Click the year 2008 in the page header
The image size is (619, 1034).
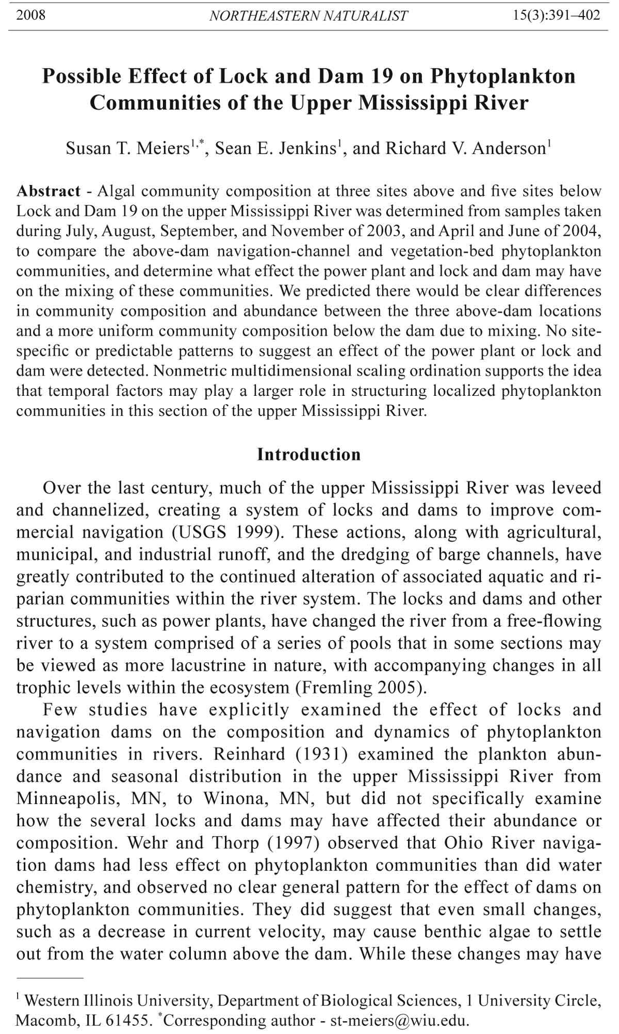pyautogui.click(x=31, y=15)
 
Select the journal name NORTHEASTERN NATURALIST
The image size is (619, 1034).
pyautogui.click(x=308, y=16)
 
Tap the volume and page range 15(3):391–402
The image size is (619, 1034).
pyautogui.click(x=557, y=15)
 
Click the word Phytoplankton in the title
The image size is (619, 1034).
pyautogui.click(x=503, y=76)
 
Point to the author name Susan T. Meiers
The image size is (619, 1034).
pyautogui.click(x=127, y=148)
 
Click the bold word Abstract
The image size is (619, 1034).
pyautogui.click(x=48, y=191)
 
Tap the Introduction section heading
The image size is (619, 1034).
pyautogui.click(x=309, y=455)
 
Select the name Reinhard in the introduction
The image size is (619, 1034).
pyautogui.click(x=249, y=755)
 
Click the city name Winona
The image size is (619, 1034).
pyautogui.click(x=237, y=799)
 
